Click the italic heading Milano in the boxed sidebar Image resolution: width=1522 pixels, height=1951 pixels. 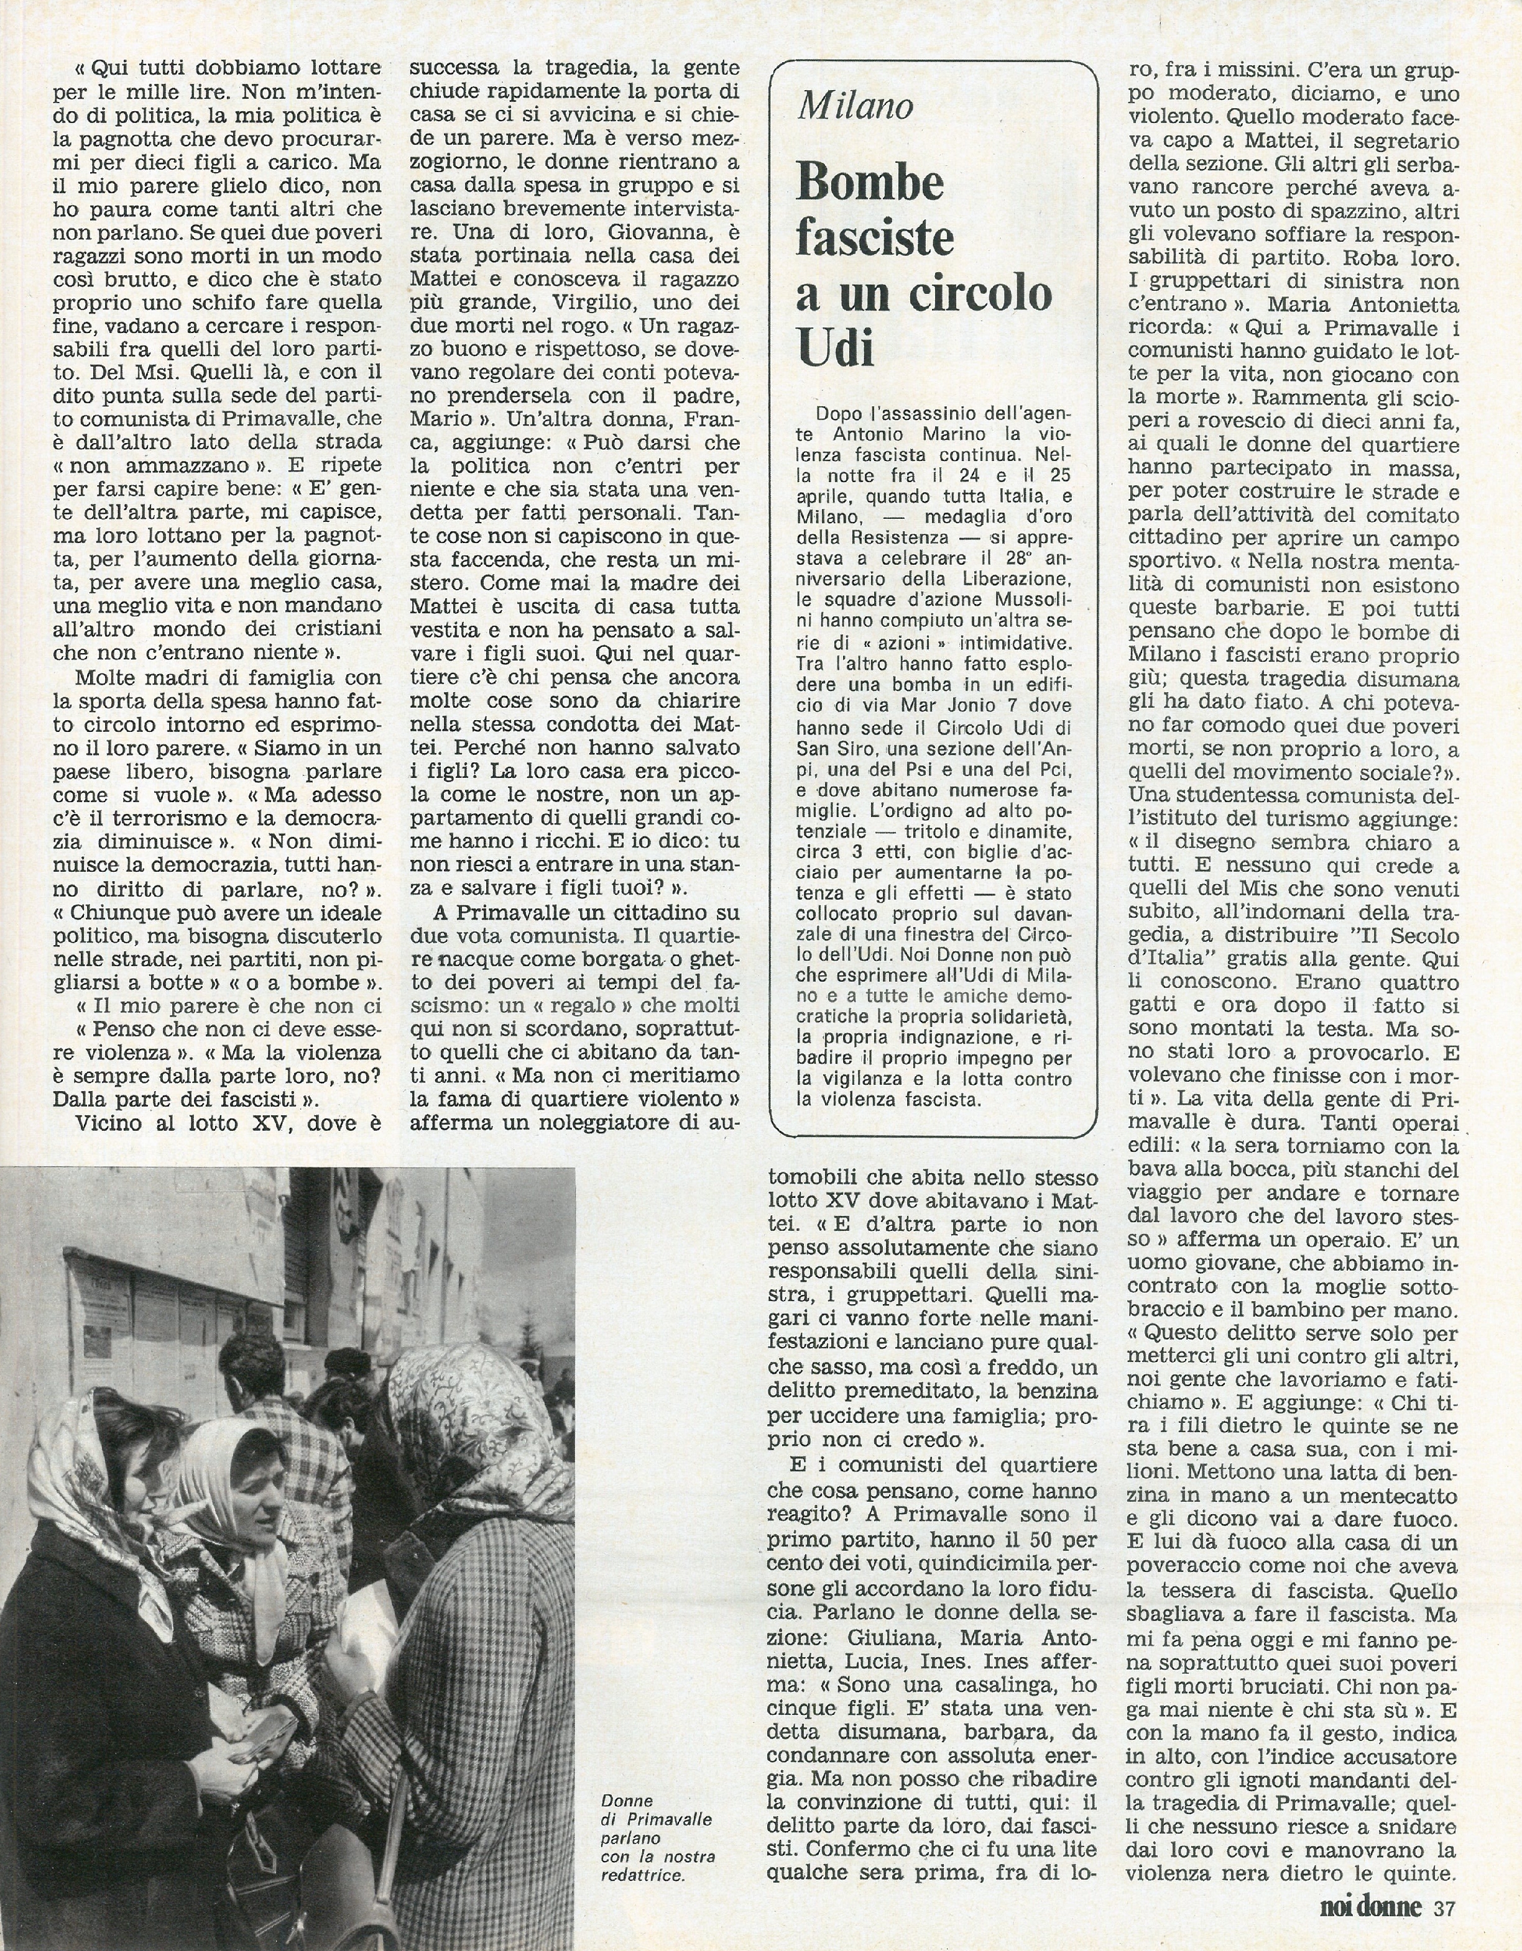[856, 106]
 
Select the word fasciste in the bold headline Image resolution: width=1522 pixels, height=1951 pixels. [875, 239]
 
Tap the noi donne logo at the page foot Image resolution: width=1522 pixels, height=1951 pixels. [1370, 1927]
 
